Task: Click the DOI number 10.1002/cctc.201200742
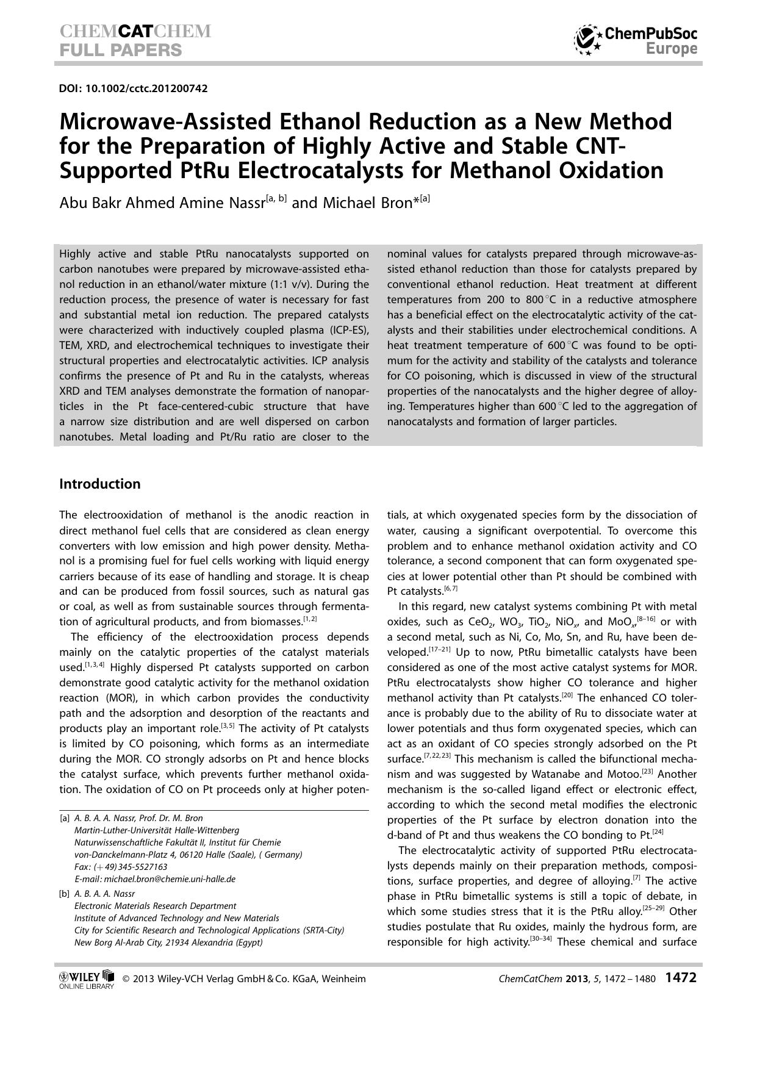coord(146,88)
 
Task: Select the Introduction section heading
coord(100,484)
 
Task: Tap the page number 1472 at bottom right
coord(680,977)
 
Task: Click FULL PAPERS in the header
coord(121,50)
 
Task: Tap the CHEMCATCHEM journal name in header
coord(135,32)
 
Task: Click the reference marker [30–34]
coord(540,939)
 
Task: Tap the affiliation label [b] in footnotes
coord(65,894)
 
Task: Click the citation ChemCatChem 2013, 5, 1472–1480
coord(576,979)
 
